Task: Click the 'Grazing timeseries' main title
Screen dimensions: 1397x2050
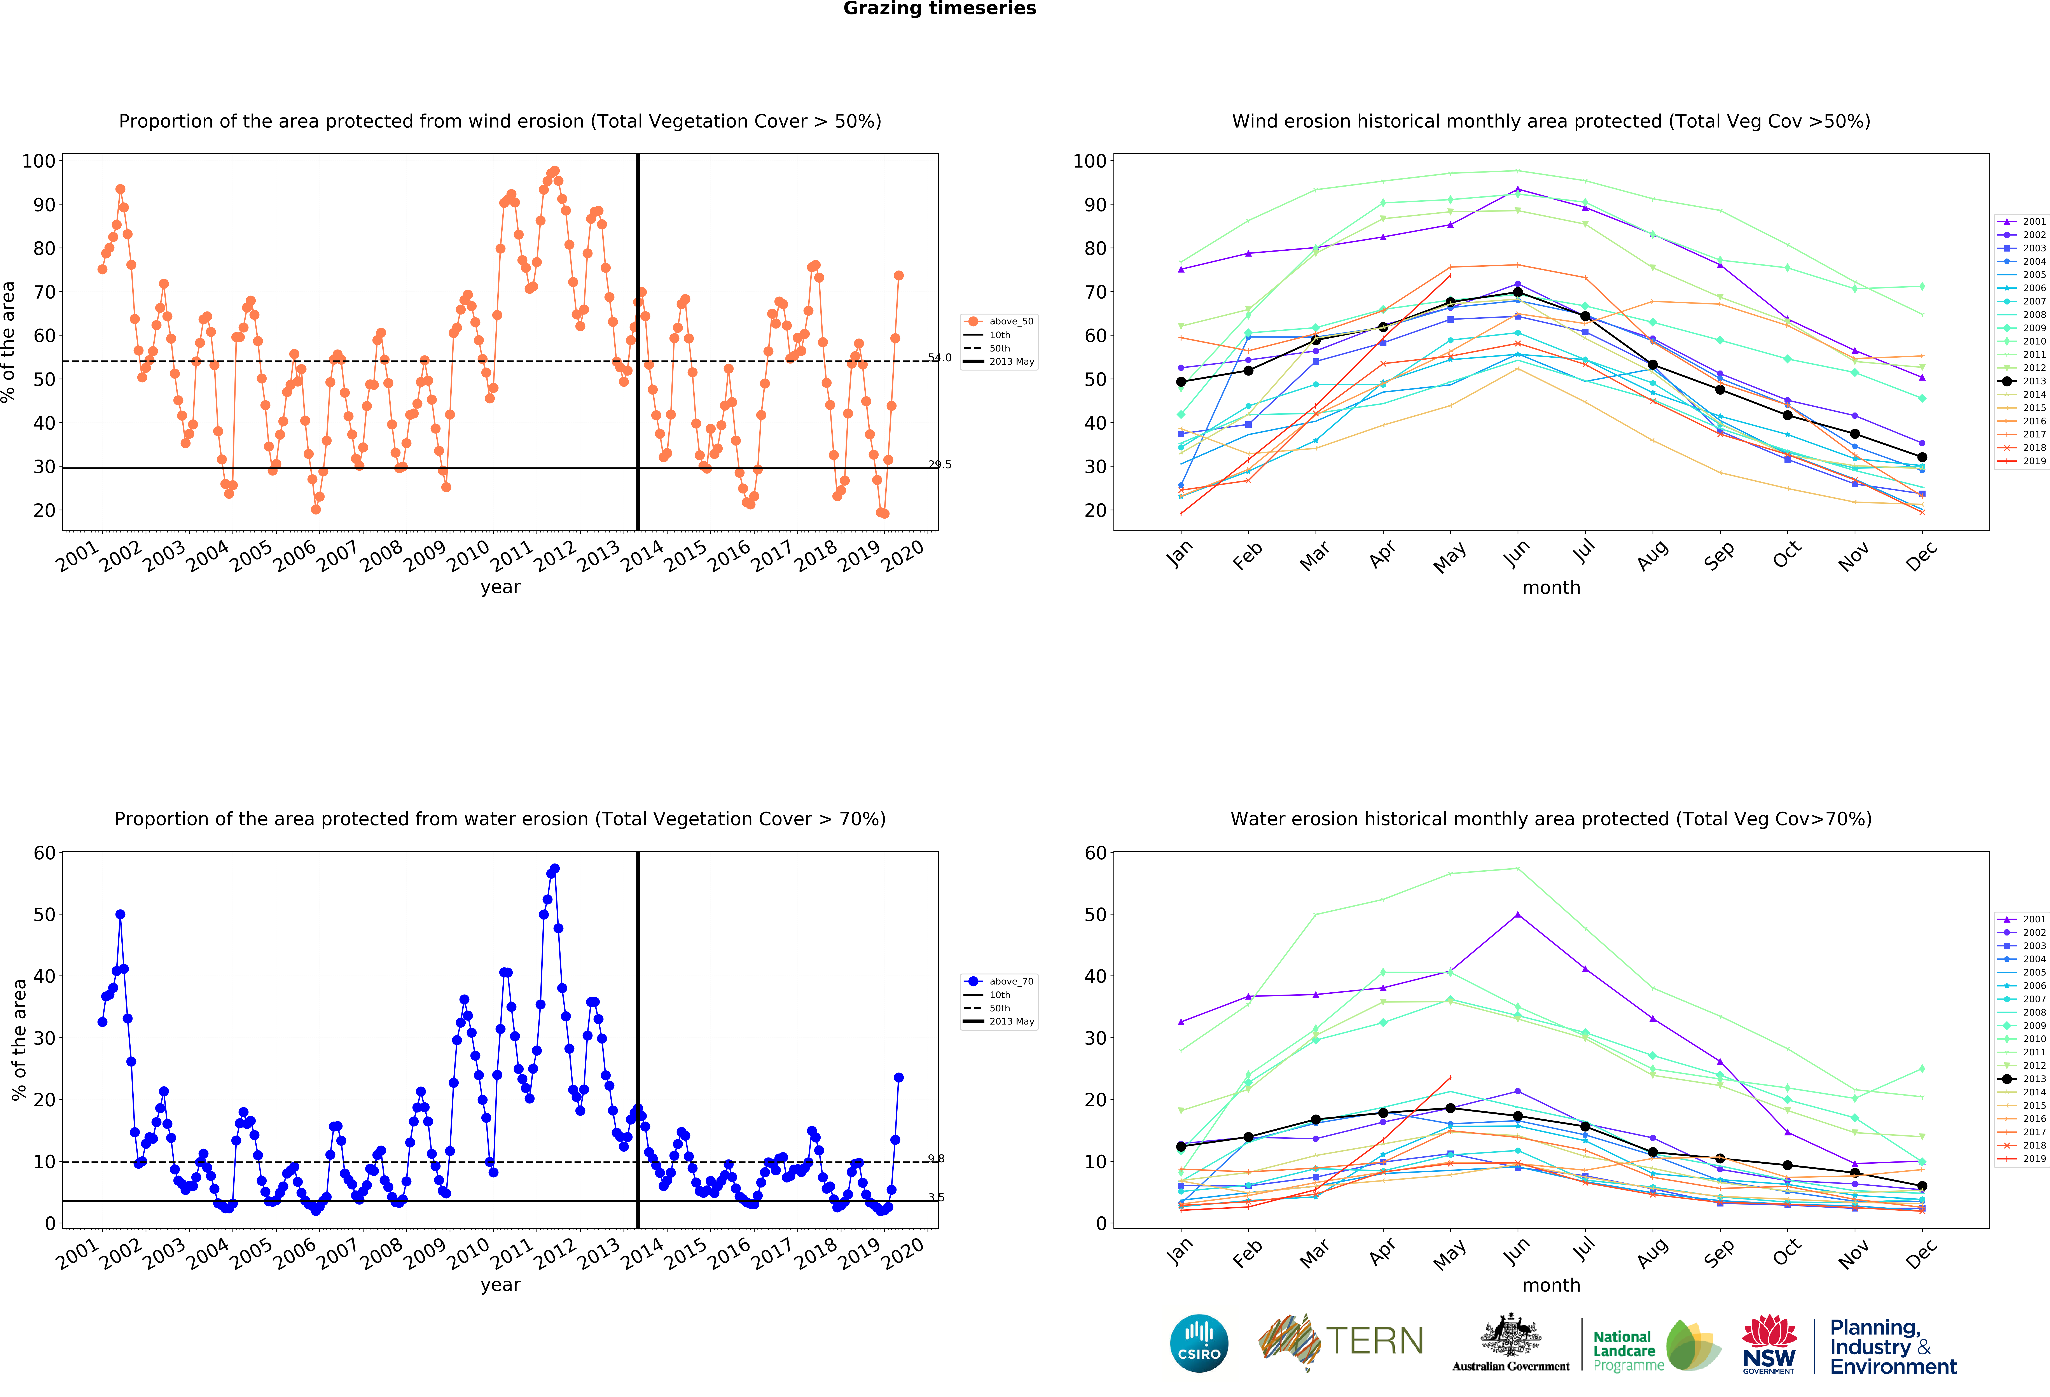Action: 939,9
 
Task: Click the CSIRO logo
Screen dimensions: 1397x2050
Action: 1199,1343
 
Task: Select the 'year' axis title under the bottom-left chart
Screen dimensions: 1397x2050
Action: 500,1285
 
